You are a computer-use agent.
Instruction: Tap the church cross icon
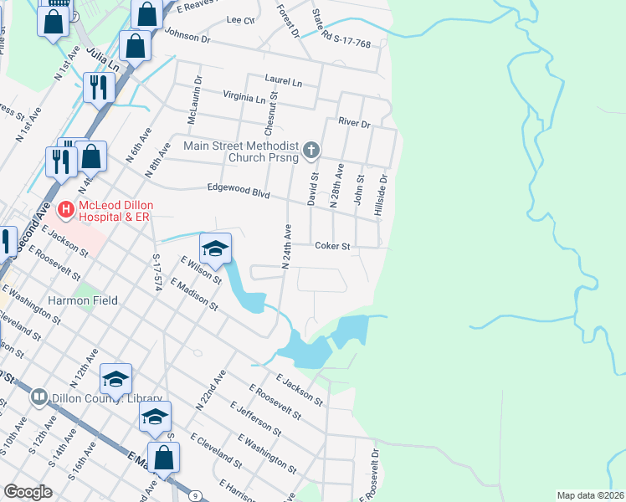pyautogui.click(x=311, y=151)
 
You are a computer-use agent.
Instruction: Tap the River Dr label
pyautogui.click(x=354, y=123)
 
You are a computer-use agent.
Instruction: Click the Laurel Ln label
pyautogui.click(x=283, y=81)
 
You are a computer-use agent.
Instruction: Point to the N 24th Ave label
pyautogui.click(x=285, y=246)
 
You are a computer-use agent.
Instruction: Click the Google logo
pyautogui.click(x=28, y=491)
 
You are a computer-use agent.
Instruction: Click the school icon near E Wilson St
pyautogui.click(x=215, y=248)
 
